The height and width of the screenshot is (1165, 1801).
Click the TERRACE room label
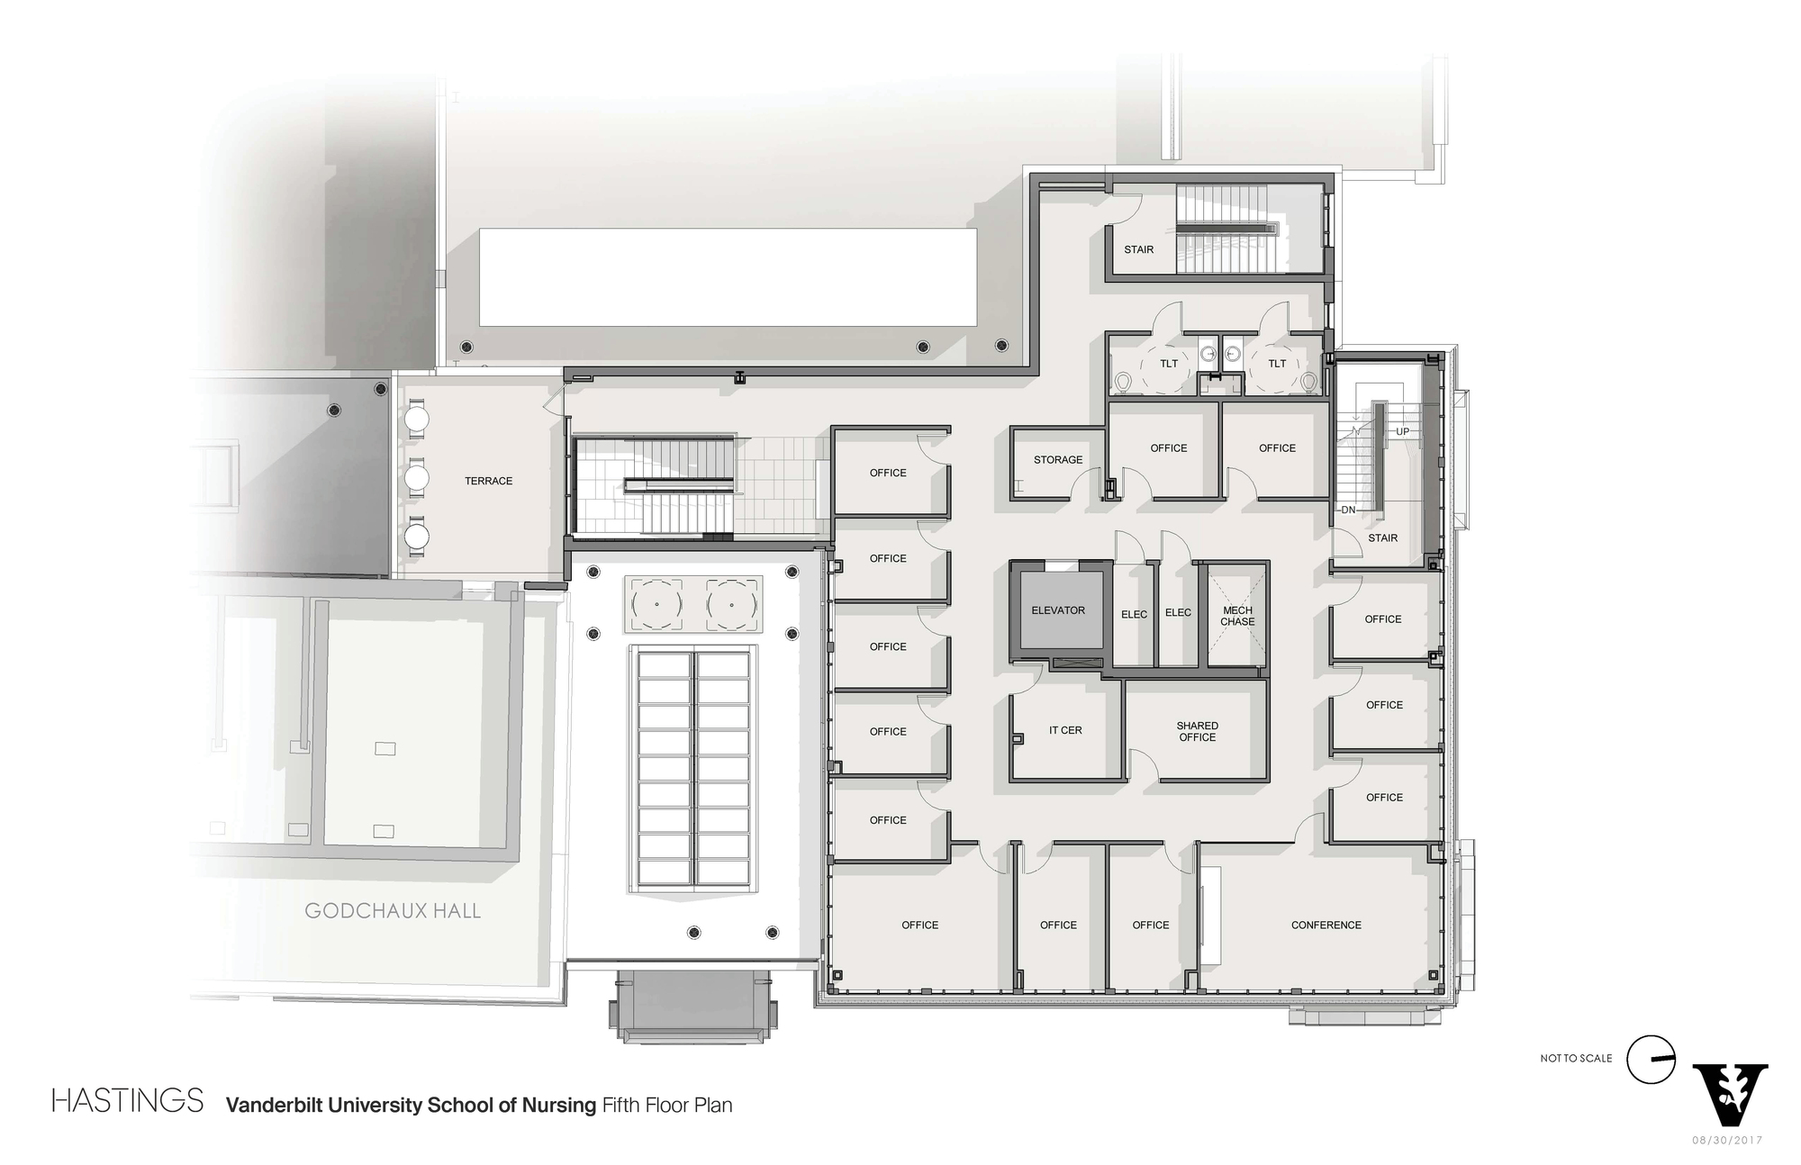point(488,481)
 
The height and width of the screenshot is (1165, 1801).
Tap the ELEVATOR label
point(1058,610)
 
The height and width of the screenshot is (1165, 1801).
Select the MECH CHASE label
point(1237,616)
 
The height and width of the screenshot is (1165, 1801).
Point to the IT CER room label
point(1065,730)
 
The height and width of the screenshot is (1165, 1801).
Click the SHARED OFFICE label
point(1197,731)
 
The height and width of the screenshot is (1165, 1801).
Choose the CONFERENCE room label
point(1326,925)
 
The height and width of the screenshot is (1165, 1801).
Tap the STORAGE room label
point(1058,460)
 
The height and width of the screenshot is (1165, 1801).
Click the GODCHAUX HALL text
point(393,910)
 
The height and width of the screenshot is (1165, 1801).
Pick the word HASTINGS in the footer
point(128,1101)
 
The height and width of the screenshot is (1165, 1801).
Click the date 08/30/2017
point(1727,1140)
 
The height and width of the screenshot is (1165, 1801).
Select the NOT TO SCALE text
point(1576,1058)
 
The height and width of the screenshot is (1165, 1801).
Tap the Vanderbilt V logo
point(1730,1093)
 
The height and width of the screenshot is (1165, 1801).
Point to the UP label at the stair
point(1402,432)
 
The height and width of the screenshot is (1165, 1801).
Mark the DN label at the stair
point(1348,510)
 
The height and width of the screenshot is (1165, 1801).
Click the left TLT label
point(1169,364)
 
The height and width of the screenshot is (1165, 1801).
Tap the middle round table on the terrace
point(417,477)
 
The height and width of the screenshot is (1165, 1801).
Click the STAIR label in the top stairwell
point(1138,249)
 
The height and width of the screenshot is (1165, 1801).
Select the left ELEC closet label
point(1134,614)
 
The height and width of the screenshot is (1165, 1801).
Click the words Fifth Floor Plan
point(667,1105)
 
